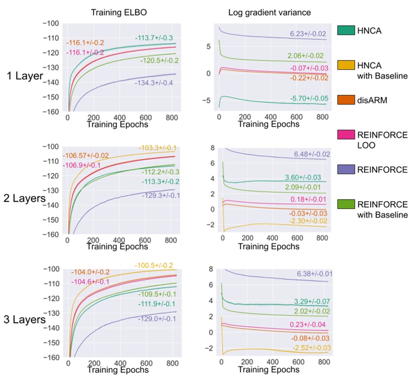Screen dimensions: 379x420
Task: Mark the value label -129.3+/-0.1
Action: point(160,195)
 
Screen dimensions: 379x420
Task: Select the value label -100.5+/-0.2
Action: point(154,265)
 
